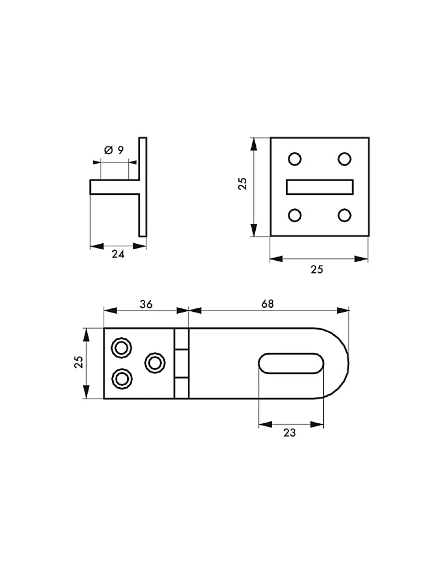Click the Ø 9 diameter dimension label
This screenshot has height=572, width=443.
point(114,150)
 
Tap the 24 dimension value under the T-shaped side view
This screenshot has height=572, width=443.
point(118,254)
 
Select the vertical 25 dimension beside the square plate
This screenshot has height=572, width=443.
point(243,184)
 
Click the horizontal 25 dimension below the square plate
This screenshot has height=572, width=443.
point(316,269)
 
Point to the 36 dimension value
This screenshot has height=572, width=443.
point(146,304)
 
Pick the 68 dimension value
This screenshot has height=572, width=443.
point(268,304)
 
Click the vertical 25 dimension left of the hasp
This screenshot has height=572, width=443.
point(79,362)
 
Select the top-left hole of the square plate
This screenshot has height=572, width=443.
point(295,159)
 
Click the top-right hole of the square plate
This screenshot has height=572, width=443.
point(344,159)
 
